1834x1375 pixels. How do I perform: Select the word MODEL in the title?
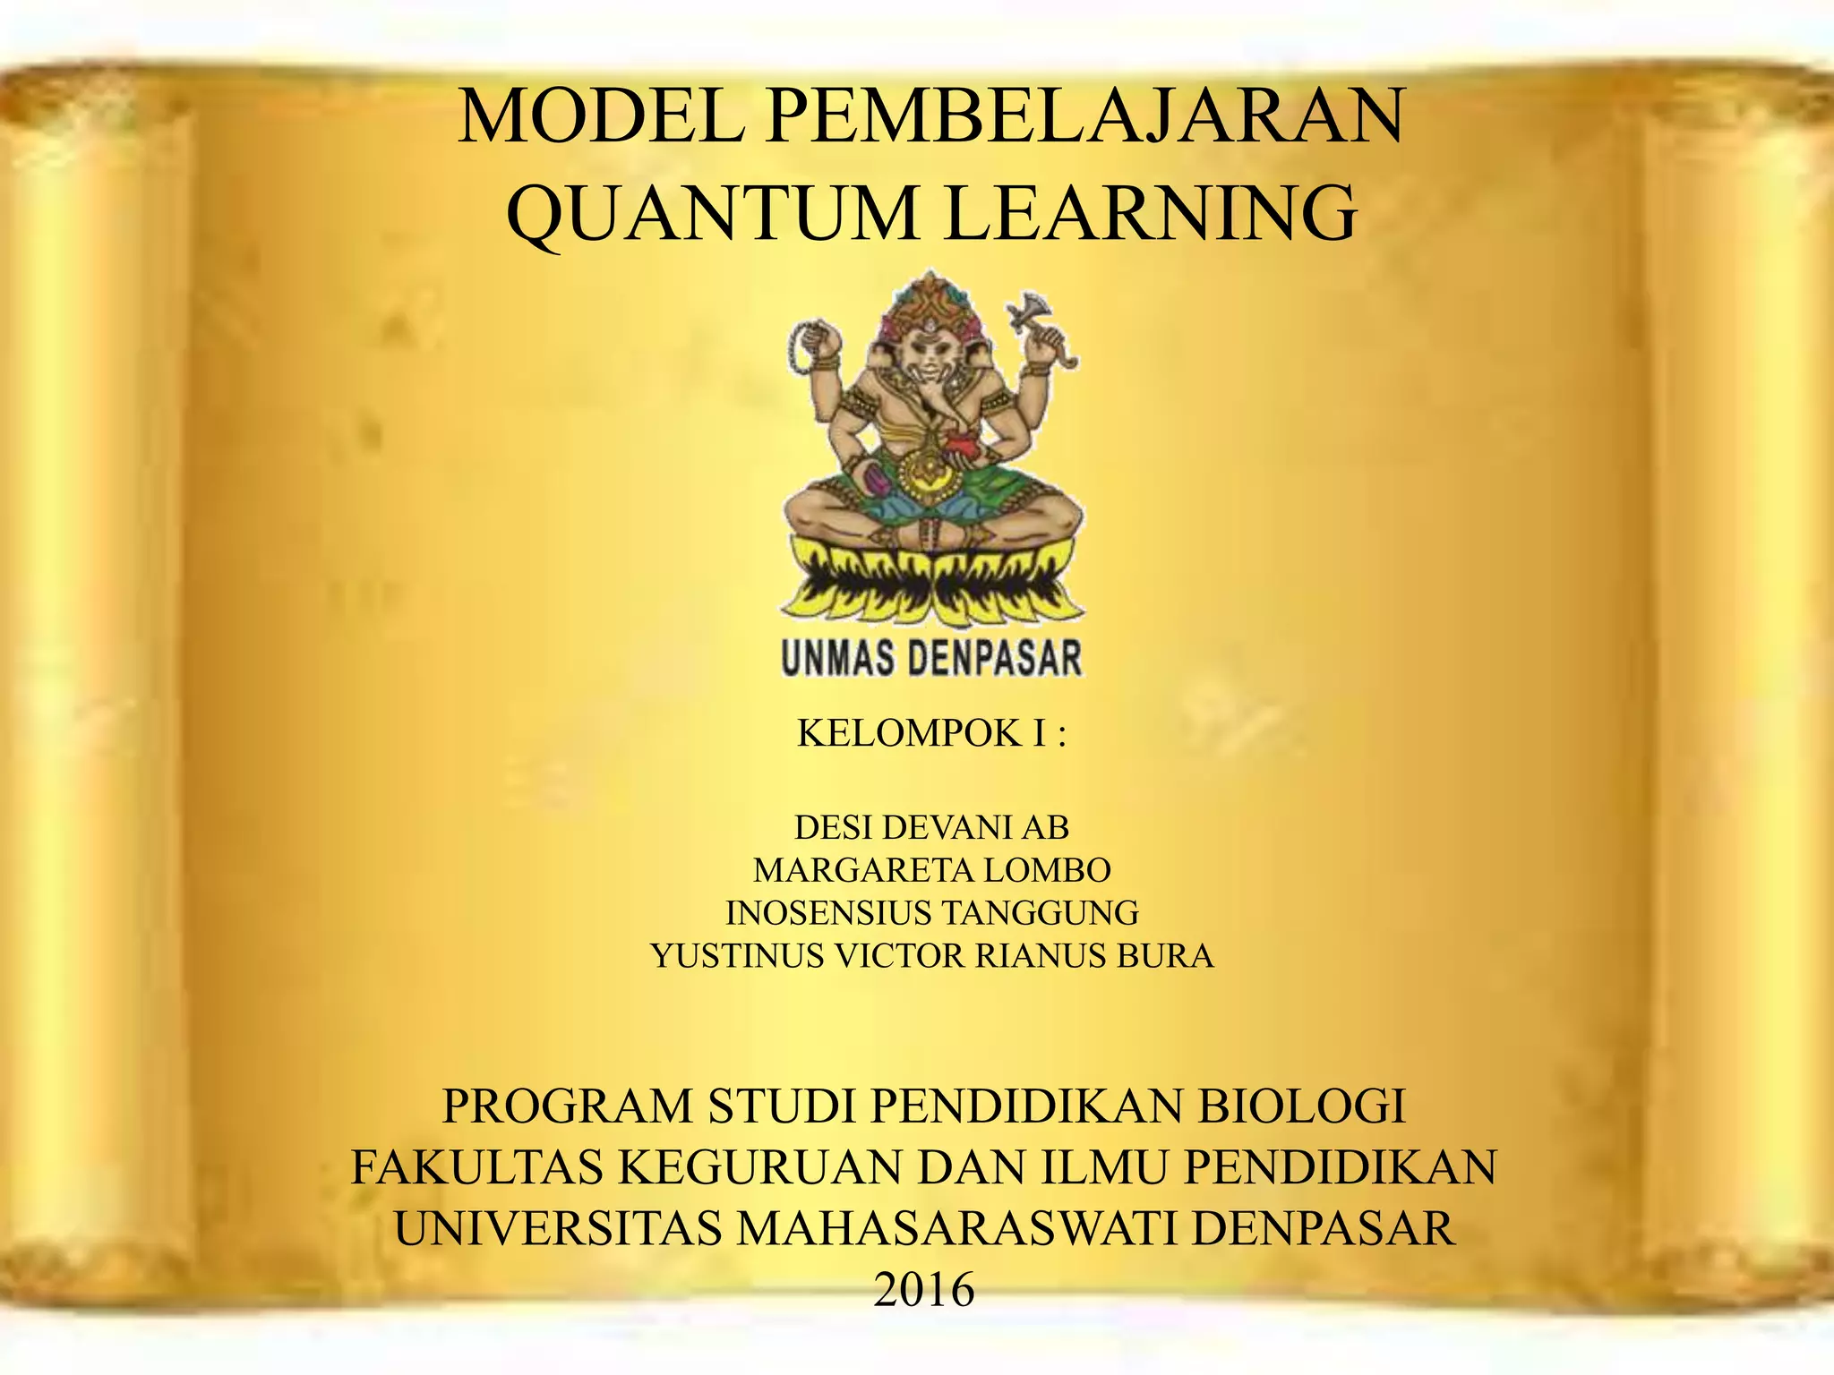[600, 116]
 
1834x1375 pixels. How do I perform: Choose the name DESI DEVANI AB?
[931, 827]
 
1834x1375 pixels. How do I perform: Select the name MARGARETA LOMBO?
[931, 869]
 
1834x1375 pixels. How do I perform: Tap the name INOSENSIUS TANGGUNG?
[931, 913]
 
